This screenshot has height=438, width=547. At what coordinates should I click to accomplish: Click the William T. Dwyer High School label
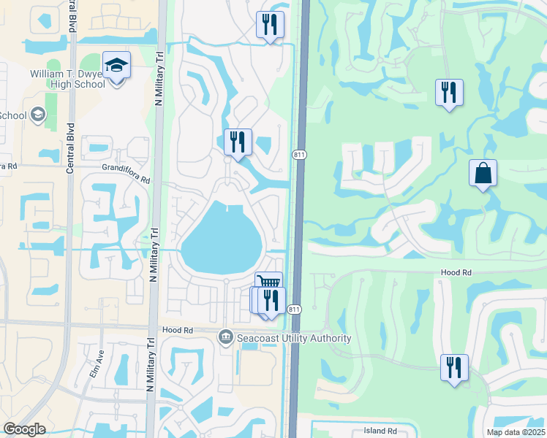67,79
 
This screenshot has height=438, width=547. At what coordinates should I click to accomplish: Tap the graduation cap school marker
116,66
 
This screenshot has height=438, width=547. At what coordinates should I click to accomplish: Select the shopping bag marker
483,174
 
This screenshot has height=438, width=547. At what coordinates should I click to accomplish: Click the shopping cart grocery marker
268,283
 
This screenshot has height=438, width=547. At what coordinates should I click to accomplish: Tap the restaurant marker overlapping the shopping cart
271,300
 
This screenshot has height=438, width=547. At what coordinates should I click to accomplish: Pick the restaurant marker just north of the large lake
238,142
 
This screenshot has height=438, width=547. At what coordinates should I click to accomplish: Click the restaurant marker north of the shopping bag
449,92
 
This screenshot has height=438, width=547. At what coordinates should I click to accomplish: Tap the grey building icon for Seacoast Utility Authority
225,337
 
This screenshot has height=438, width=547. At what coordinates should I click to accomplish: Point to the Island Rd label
381,431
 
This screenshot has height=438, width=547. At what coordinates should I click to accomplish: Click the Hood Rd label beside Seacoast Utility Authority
178,330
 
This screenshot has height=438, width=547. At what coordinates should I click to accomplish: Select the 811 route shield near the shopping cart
294,310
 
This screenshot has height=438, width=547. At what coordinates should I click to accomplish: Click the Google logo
25,429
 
